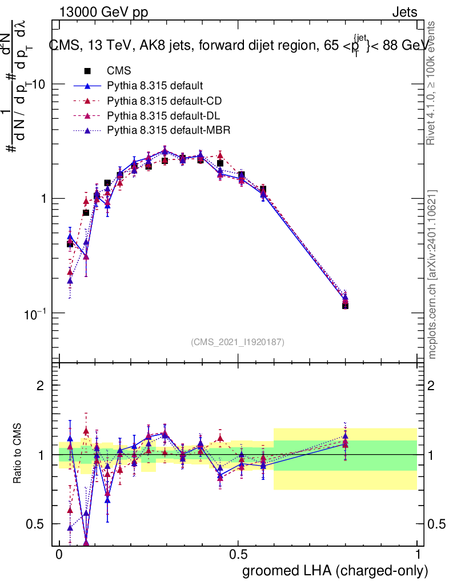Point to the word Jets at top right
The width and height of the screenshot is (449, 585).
click(404, 12)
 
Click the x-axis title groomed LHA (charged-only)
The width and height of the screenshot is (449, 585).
click(335, 570)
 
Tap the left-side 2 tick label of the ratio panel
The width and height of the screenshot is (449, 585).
click(41, 386)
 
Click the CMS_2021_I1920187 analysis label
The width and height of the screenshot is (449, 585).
click(238, 342)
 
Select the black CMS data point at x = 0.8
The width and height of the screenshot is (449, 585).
click(345, 306)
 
